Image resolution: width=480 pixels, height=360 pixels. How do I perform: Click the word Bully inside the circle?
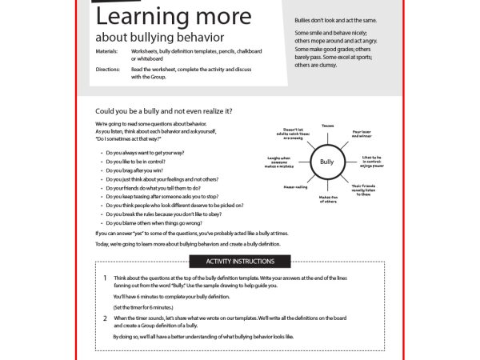326,162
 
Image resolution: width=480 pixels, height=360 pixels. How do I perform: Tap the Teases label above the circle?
327,126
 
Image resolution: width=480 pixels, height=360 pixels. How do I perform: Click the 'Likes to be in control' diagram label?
372,162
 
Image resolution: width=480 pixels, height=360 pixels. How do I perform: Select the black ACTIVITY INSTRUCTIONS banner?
240,262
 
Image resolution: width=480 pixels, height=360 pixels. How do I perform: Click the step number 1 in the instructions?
105,278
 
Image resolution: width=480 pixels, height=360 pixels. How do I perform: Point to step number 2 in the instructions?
105,318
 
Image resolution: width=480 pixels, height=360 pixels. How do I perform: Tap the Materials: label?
106,50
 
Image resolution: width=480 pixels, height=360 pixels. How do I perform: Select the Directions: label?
107,69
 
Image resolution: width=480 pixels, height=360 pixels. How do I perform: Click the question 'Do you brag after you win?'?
141,171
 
